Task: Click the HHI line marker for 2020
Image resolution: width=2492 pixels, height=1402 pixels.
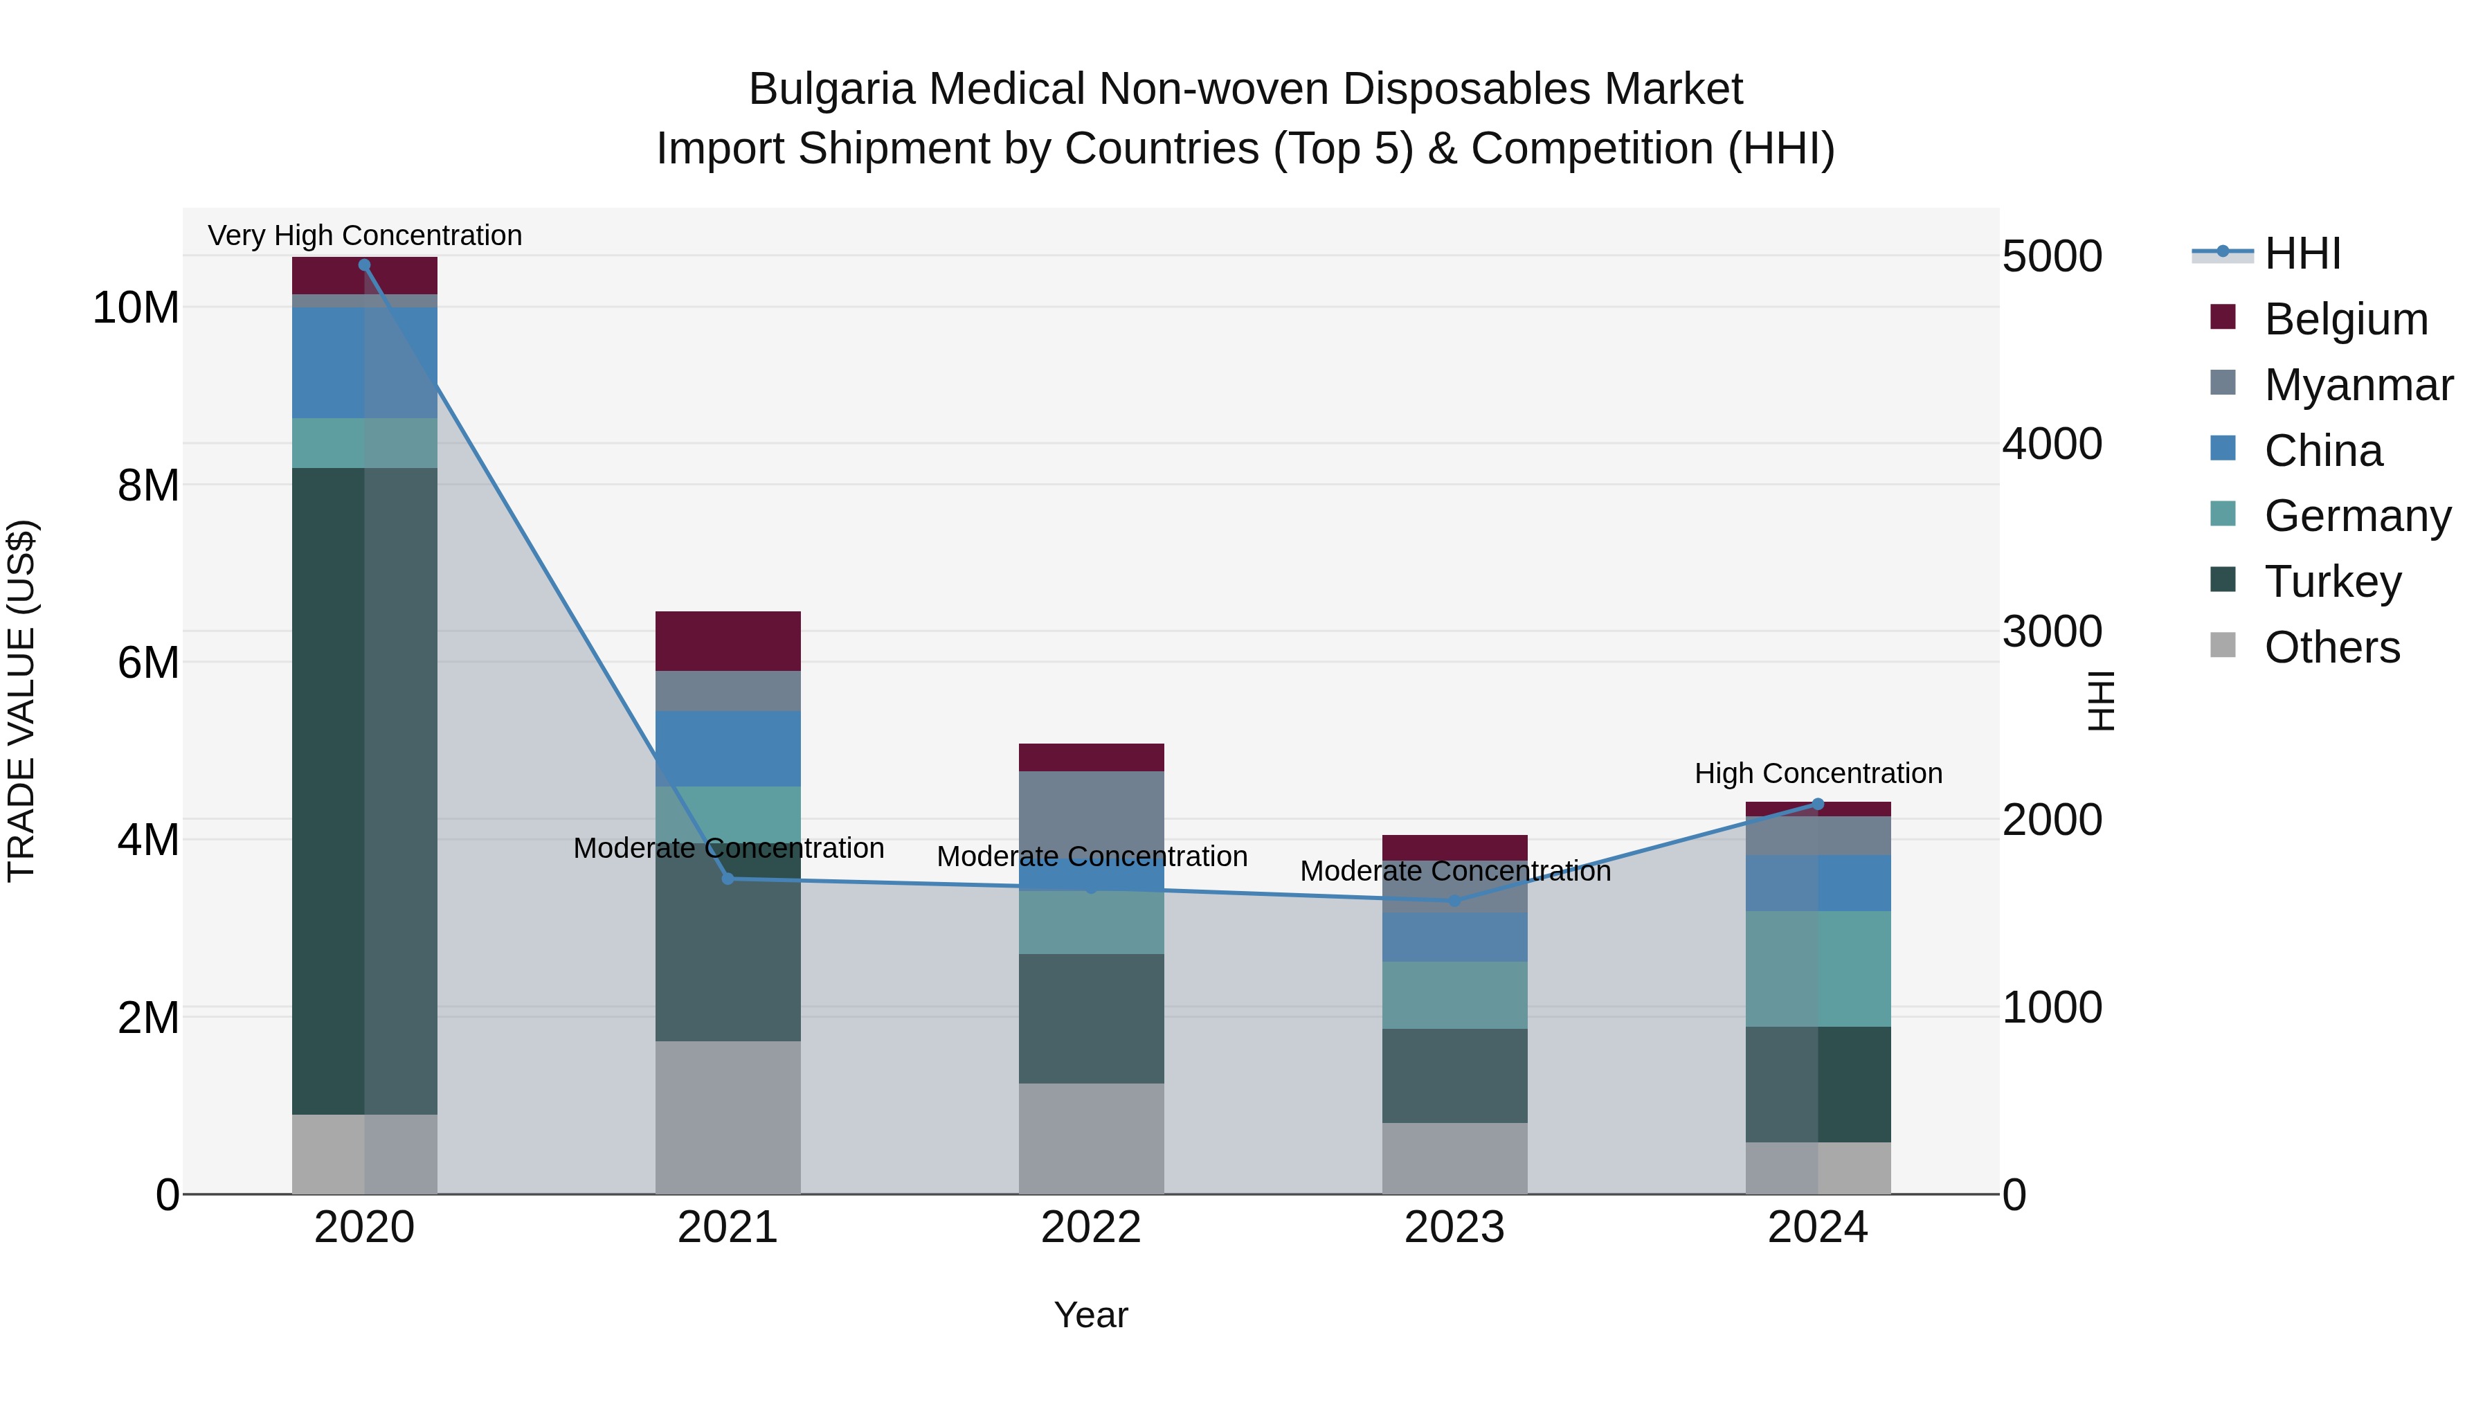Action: coord(365,265)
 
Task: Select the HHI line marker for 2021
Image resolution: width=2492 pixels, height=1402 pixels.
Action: coord(728,879)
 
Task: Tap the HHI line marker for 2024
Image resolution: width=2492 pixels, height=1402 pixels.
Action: coord(1818,804)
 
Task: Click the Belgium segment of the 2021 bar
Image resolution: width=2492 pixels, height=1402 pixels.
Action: coord(728,640)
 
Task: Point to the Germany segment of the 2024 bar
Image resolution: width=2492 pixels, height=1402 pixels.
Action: coord(1818,969)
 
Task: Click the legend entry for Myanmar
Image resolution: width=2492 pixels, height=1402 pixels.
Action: coord(2358,385)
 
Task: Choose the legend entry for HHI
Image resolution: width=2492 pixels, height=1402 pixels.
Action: coord(2302,253)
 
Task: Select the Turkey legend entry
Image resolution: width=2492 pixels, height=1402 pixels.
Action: coord(2332,582)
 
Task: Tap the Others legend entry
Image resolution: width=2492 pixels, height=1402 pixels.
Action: coord(2331,647)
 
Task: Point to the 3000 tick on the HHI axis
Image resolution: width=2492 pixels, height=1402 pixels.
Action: coord(2052,632)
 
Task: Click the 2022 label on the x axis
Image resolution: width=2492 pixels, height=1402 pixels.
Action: coord(1091,1228)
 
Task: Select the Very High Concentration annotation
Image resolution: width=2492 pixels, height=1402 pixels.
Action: coord(365,235)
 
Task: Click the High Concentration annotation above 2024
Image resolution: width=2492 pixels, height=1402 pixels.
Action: coord(1818,773)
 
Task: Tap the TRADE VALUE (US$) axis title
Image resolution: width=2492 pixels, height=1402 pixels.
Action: coord(21,701)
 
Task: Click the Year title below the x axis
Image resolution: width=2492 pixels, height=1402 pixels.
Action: coord(1091,1315)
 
